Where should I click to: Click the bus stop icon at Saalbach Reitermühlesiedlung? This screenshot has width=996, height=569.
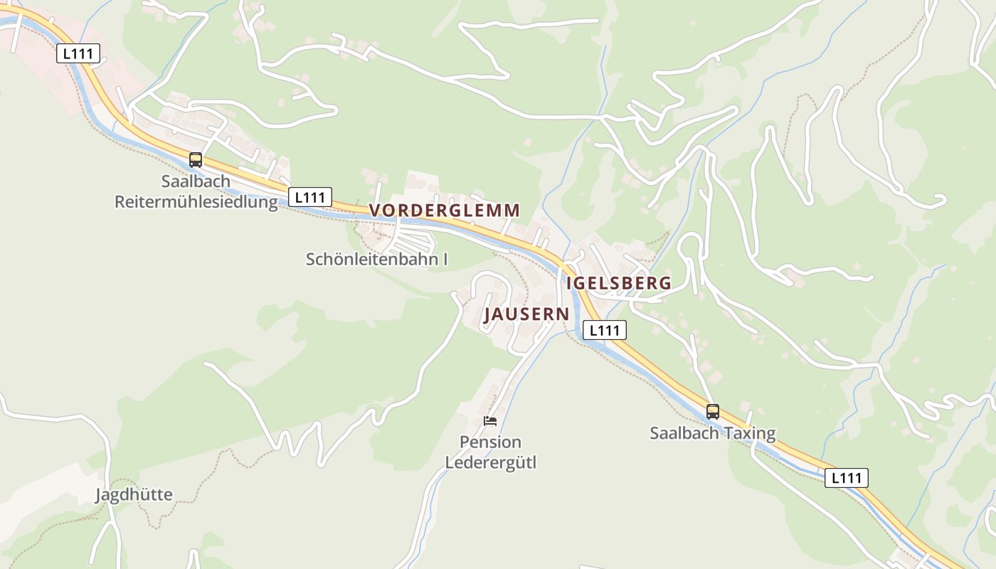pyautogui.click(x=196, y=160)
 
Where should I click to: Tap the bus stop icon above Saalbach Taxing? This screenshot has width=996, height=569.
pyautogui.click(x=712, y=411)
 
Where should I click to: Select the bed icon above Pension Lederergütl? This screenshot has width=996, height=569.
pyautogui.click(x=489, y=420)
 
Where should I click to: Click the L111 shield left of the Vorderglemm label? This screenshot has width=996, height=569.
pyautogui.click(x=310, y=197)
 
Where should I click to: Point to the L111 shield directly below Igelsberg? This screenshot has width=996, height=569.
pyautogui.click(x=605, y=330)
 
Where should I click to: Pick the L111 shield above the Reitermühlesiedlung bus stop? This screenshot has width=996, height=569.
pyautogui.click(x=78, y=53)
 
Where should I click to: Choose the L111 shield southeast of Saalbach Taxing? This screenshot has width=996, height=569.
pyautogui.click(x=846, y=478)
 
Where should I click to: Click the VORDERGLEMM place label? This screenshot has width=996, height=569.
pyautogui.click(x=445, y=211)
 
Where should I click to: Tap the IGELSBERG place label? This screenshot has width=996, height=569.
pyautogui.click(x=618, y=283)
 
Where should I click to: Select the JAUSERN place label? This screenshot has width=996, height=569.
pyautogui.click(x=526, y=314)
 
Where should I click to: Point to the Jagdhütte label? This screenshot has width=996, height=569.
pyautogui.click(x=134, y=494)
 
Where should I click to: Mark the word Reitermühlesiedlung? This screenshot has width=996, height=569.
pyautogui.click(x=196, y=202)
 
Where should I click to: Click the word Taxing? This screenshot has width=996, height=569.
pyautogui.click(x=750, y=432)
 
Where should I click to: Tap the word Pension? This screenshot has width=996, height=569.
pyautogui.click(x=490, y=442)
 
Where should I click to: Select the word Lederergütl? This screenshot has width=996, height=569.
pyautogui.click(x=490, y=463)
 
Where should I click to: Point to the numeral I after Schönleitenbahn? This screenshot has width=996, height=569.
pyautogui.click(x=445, y=259)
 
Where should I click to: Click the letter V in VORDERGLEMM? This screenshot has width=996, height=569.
pyautogui.click(x=376, y=211)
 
